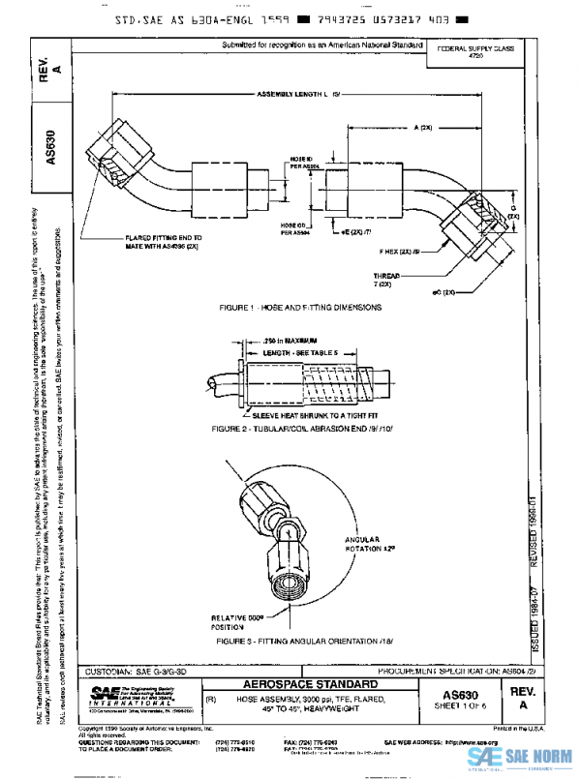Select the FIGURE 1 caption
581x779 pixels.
[x=299, y=308]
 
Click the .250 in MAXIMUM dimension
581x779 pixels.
[x=290, y=341]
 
